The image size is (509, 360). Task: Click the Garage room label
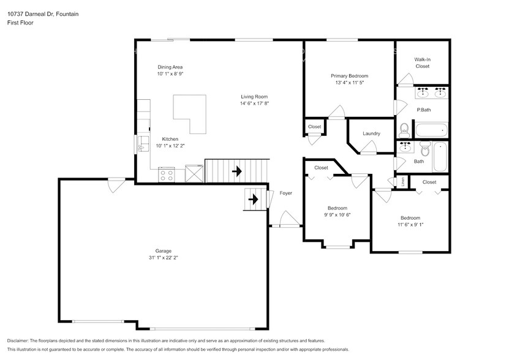(163, 250)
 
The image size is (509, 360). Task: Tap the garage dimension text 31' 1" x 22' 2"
(163, 258)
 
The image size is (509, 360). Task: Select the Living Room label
(254, 96)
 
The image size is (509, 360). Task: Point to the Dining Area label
(170, 67)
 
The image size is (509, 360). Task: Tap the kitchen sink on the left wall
(141, 144)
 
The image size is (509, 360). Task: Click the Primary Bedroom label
(350, 76)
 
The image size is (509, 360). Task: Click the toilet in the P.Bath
(404, 130)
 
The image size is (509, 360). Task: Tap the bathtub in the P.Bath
(432, 130)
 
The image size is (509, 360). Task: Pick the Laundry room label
(371, 133)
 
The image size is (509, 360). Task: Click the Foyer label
(285, 193)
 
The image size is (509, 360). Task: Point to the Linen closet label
(402, 182)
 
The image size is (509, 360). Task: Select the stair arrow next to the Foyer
(252, 199)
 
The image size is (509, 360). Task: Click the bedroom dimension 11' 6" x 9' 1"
(410, 225)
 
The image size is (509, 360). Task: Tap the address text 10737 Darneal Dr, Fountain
(43, 13)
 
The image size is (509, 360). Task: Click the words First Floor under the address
(20, 23)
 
